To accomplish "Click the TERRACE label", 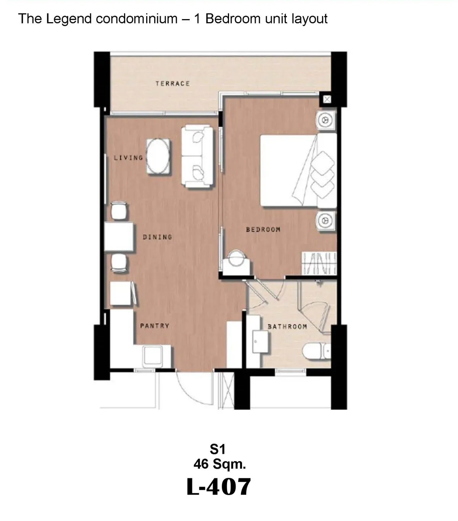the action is pos(173,83).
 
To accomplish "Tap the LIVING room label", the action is pos(128,158).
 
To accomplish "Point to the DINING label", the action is pos(157,237).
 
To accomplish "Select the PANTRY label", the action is pos(155,326).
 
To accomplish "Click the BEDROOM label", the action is pos(263,229).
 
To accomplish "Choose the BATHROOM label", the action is pos(287,327).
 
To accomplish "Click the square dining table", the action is pos(119,237).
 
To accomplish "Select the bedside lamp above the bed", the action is pos(326,120).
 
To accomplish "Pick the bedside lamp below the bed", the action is pos(326,220).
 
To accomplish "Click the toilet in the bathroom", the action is pos(316,351).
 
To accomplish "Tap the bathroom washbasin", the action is pos(260,342).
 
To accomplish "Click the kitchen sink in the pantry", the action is pos(153,356).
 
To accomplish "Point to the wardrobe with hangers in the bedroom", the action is pos(319,264).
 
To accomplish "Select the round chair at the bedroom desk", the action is pos(237,258).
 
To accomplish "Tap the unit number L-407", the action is pos(218,487).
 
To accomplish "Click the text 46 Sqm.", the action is pos(219,464).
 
